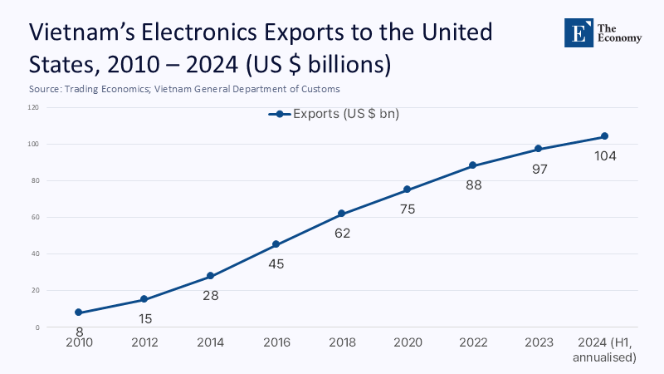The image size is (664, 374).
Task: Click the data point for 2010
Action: click(79, 312)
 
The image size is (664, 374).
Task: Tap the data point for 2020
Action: click(407, 189)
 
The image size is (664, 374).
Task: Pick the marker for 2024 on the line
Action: click(604, 136)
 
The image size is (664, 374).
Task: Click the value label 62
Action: click(342, 234)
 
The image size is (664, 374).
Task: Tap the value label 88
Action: click(473, 185)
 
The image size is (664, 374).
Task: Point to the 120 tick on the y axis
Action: click(33, 107)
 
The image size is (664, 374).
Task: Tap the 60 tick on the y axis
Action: click(35, 218)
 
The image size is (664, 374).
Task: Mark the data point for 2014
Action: click(210, 276)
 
